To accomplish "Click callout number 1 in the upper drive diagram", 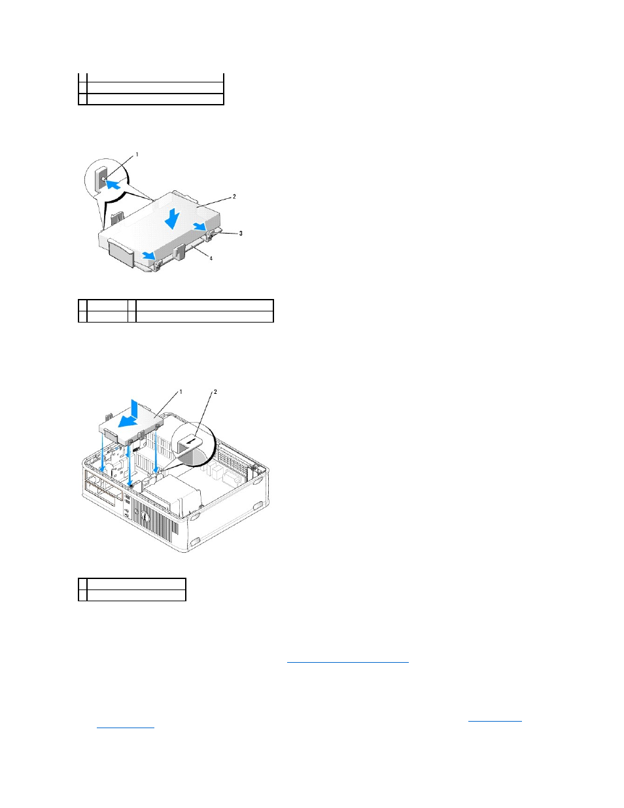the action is click(137, 154).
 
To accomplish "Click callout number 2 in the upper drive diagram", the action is click(234, 197).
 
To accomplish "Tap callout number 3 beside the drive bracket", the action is click(241, 233).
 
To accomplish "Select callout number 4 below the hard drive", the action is click(211, 258).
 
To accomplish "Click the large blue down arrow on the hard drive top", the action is click(172, 219).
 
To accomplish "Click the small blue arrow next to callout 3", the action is click(199, 226).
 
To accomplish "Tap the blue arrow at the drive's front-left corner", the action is click(149, 255).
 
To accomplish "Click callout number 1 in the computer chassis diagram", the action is click(181, 391).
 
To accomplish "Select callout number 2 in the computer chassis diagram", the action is click(215, 391).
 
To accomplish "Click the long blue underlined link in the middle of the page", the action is click(347, 662).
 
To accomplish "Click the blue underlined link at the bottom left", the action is click(125, 728).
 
